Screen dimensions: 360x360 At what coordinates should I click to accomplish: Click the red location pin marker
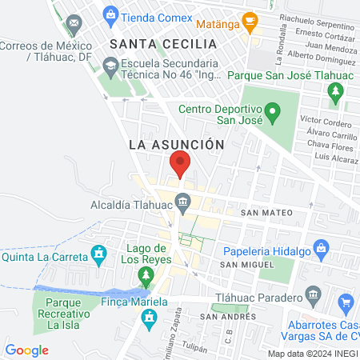coord(180,164)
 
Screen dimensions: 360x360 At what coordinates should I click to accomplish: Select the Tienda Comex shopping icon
coord(110,14)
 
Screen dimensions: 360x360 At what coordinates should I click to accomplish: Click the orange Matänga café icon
coord(250,20)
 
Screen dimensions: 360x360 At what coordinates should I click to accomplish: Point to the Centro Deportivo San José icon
coord(273,110)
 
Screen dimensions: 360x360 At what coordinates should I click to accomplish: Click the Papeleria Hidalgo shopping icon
coord(322,247)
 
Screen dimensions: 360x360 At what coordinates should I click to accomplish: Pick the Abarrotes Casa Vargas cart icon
coord(346,302)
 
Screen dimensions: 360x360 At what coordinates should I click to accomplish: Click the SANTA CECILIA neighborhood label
coord(163,43)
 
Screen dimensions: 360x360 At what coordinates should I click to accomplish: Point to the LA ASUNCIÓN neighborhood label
coord(174,144)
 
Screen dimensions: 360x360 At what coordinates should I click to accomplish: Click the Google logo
coord(26,350)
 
